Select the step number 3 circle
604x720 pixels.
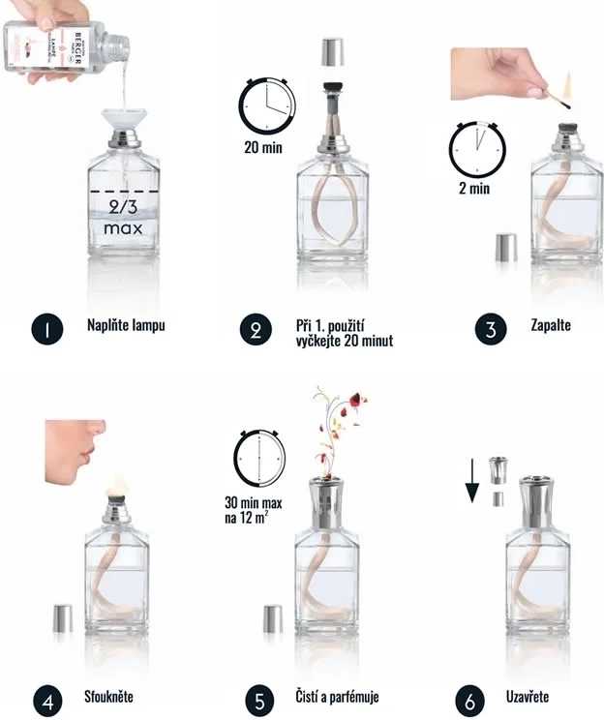pyautogui.click(x=491, y=329)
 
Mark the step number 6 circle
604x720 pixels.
pyautogui.click(x=470, y=699)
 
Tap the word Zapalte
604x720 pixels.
pyautogui.click(x=551, y=325)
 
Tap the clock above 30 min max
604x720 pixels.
pyautogui.click(x=260, y=458)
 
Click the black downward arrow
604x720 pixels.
pyautogui.click(x=472, y=482)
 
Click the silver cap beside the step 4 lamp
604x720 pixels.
pyautogui.click(x=62, y=618)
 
